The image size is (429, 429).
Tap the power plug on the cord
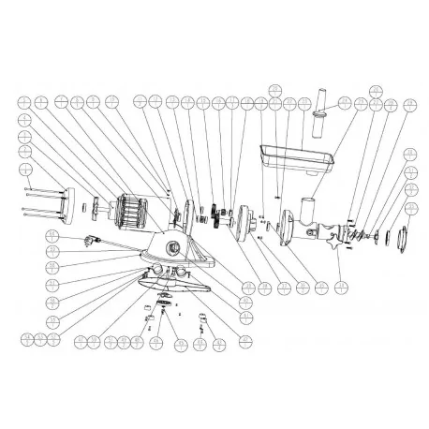pos(90,239)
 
